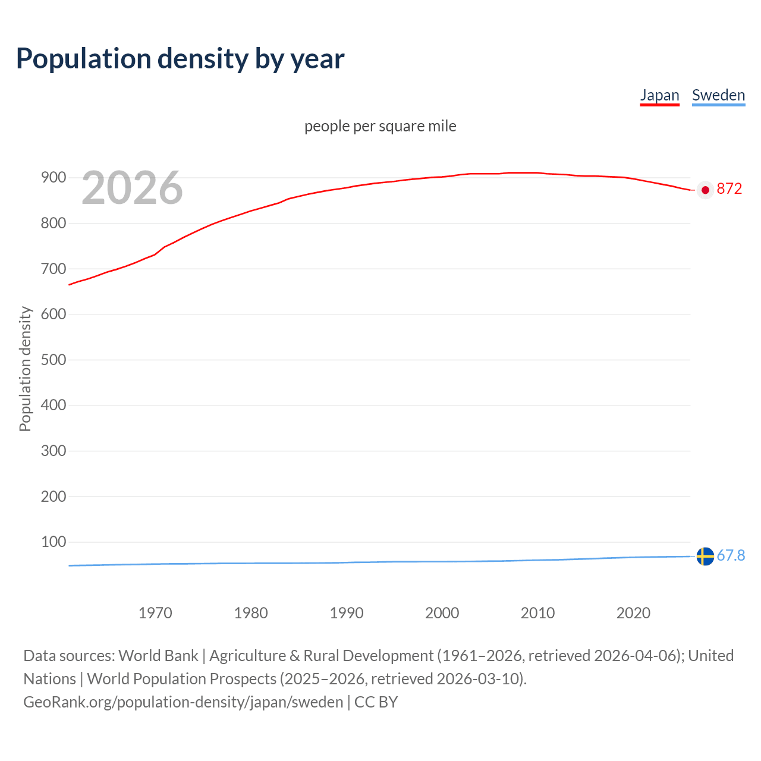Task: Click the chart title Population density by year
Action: coord(180,59)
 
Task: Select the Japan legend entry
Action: coord(659,95)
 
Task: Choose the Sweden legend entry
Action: coord(718,95)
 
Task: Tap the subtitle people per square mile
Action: coord(380,126)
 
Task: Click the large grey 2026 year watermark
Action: coord(132,188)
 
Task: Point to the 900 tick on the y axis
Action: coord(54,178)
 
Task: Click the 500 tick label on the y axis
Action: coord(54,360)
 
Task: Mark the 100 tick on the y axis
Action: coord(54,542)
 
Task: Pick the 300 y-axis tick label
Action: coord(54,451)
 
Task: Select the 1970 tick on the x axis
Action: coord(155,613)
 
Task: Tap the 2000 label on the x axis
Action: coord(442,613)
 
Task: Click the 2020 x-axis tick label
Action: coord(633,613)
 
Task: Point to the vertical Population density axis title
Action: coord(25,369)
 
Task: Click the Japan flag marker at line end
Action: coord(705,190)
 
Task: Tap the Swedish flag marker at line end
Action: coord(705,556)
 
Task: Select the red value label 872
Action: coord(729,189)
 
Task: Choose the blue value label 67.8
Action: coord(731,555)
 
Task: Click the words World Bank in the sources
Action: coord(158,656)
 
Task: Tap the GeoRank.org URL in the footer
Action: coord(183,702)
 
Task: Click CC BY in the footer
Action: coord(376,702)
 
